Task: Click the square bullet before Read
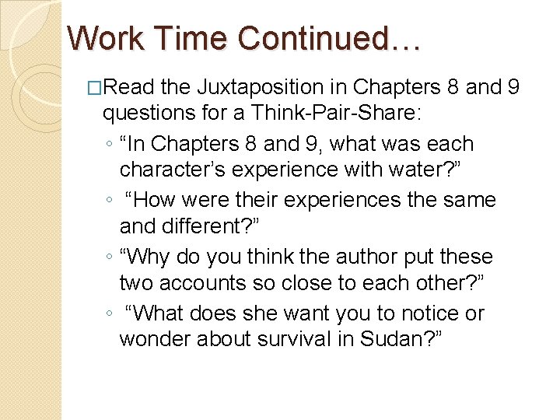[x=96, y=89]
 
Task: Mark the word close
[x=313, y=284]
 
